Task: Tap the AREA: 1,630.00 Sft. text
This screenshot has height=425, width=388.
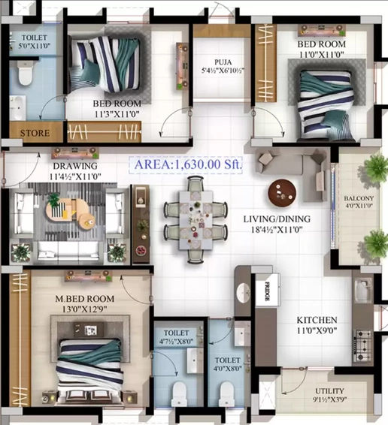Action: tap(188, 164)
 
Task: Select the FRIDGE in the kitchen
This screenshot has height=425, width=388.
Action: tap(268, 290)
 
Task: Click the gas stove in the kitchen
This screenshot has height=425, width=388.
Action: tap(362, 346)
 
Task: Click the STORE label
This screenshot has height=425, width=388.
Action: tap(35, 133)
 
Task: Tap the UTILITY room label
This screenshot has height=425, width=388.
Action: tap(329, 391)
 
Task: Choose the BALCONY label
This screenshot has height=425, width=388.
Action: tap(359, 198)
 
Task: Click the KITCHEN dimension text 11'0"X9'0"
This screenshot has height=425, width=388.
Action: tap(317, 330)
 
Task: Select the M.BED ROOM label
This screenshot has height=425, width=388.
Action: tap(85, 299)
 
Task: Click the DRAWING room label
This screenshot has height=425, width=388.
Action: tap(75, 166)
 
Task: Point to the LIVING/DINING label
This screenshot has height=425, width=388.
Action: tap(277, 219)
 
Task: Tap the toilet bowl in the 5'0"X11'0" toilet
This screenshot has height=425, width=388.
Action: tap(26, 73)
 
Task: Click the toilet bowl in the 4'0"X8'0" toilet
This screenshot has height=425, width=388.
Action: tap(227, 393)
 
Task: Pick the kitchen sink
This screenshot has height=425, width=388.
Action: tap(362, 291)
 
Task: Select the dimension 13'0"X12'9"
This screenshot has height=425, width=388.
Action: tap(84, 309)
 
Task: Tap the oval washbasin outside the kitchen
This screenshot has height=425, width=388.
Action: tap(244, 293)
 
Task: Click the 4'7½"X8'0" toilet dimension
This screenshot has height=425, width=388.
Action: tap(176, 341)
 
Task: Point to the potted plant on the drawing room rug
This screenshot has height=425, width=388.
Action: tap(53, 199)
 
